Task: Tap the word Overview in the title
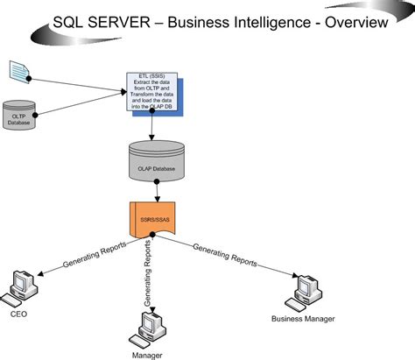pos(355,22)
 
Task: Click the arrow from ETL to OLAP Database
pos(152,127)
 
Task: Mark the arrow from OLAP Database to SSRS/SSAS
pos(156,191)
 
